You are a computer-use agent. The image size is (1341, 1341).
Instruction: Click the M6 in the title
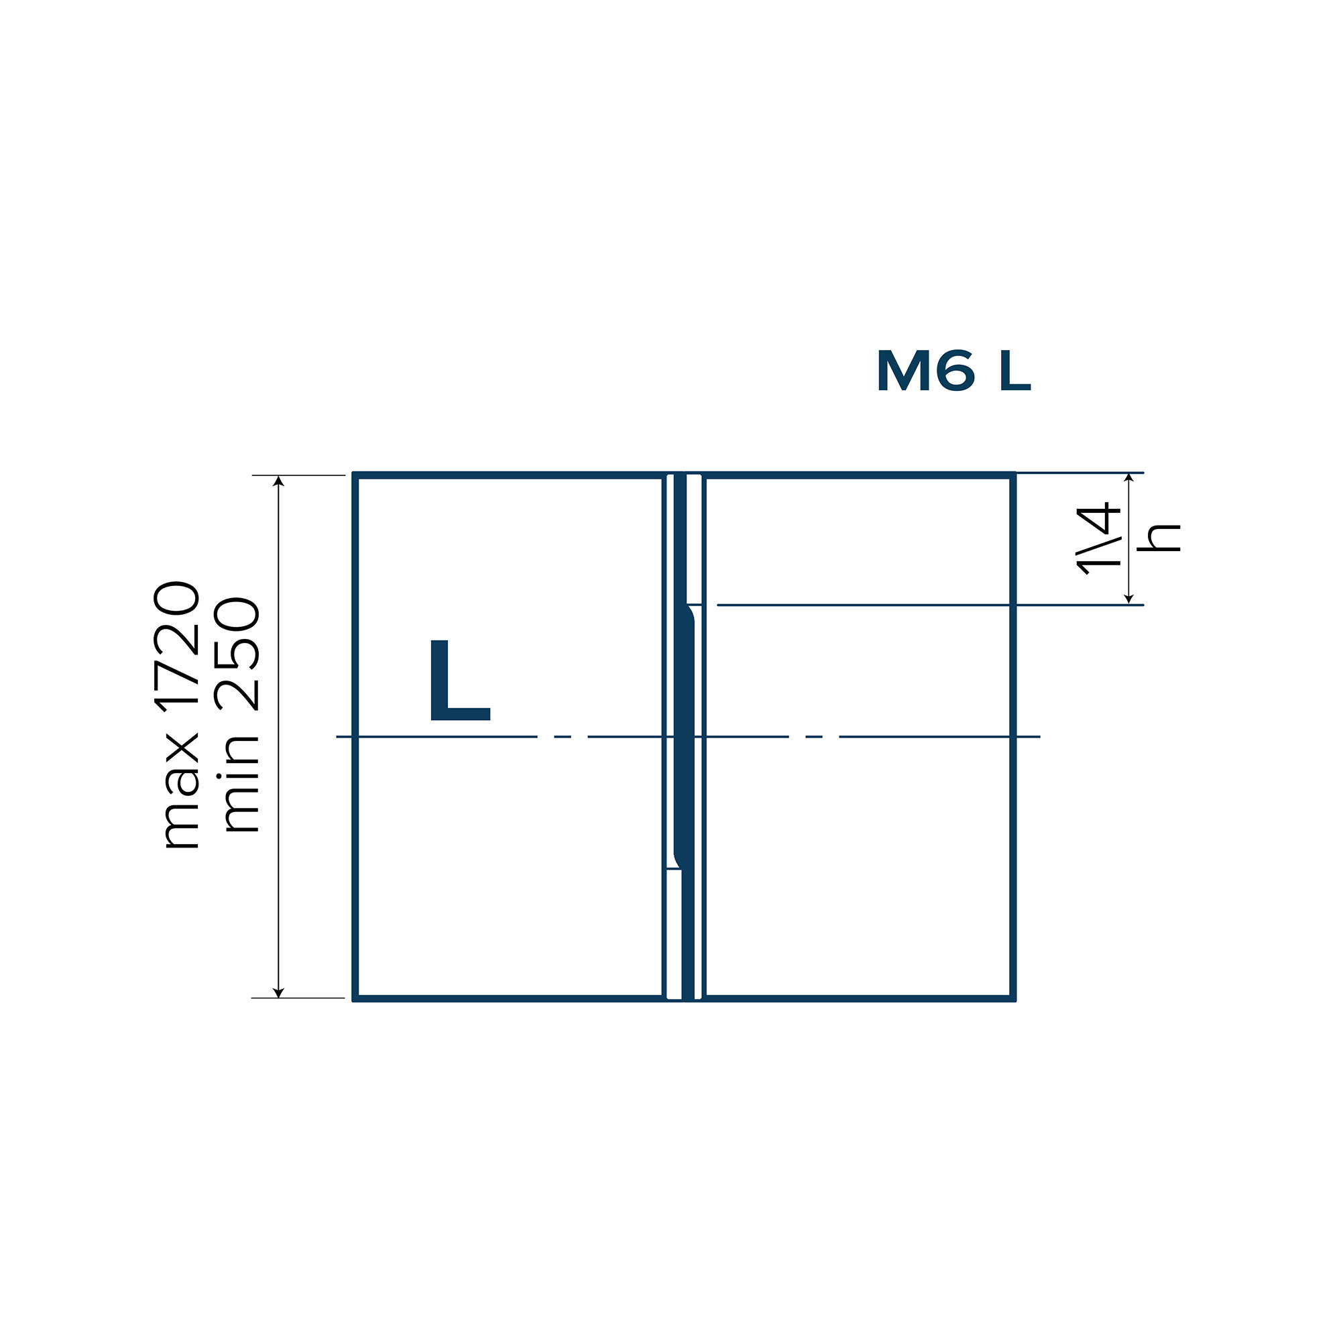tap(927, 371)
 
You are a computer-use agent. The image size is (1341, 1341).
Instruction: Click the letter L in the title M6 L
tap(1015, 371)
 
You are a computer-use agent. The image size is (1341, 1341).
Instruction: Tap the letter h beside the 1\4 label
tap(1159, 537)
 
